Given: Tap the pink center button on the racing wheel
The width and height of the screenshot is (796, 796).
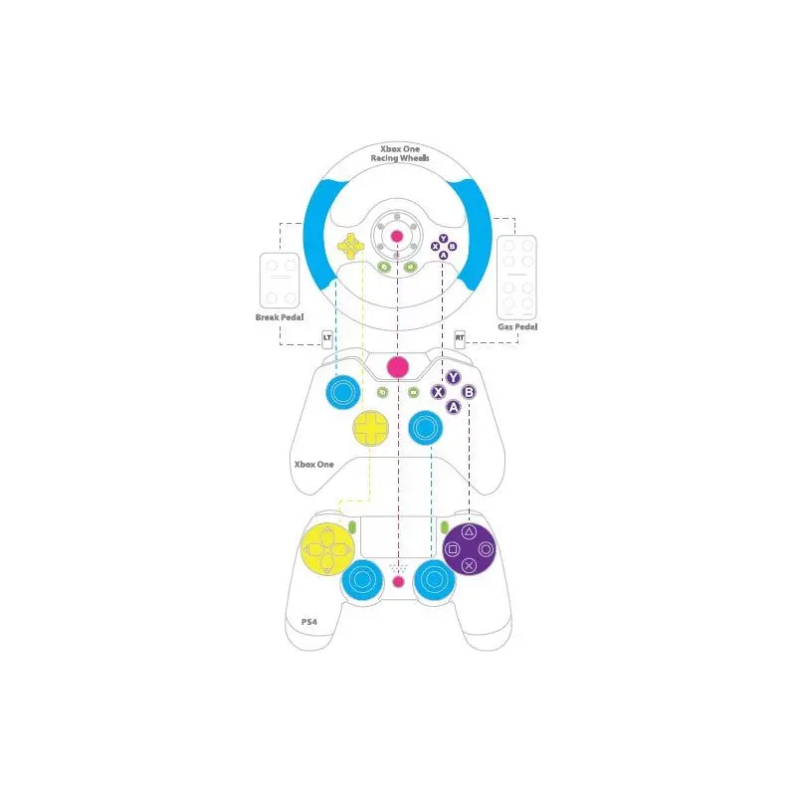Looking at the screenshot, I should tap(397, 236).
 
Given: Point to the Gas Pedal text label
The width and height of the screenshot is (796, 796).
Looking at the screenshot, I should tap(517, 325).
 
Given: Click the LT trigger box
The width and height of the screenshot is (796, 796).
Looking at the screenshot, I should tap(326, 338).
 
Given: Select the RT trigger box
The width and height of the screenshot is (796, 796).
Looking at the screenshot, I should tap(460, 338).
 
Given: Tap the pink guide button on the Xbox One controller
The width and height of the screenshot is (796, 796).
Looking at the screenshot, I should tap(398, 366).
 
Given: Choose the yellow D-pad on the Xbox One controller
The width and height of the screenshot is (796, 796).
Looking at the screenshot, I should tap(372, 429).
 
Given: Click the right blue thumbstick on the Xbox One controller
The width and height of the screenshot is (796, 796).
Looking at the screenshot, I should tap(425, 429).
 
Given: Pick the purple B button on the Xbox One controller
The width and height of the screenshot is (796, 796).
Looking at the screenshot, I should tap(469, 392).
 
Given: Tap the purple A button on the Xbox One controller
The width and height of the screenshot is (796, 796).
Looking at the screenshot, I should tap(454, 406).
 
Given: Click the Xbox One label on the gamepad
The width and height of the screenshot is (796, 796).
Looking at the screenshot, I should tap(313, 464).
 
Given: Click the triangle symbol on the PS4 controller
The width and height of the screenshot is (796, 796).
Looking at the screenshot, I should tap(470, 532).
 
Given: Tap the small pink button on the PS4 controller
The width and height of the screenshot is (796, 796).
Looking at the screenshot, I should tap(398, 581).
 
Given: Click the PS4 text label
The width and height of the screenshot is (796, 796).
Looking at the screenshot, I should tap(309, 622).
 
